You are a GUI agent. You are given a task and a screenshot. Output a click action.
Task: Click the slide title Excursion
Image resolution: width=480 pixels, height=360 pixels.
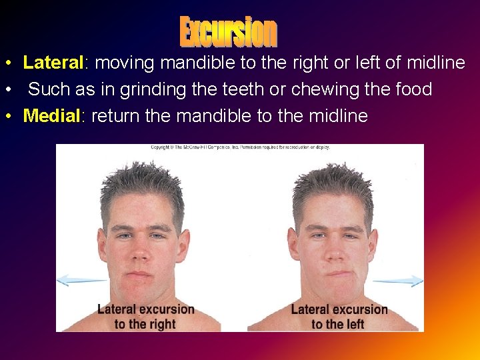(229, 31)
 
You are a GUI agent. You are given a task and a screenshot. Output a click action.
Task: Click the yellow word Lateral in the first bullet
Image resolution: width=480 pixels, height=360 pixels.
(52, 63)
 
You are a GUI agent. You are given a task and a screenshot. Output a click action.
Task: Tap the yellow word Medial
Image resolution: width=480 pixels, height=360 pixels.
(51, 116)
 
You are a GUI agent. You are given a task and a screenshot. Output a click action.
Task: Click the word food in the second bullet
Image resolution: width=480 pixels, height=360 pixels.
(412, 89)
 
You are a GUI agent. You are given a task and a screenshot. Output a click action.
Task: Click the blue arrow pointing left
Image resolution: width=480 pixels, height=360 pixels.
(81, 281)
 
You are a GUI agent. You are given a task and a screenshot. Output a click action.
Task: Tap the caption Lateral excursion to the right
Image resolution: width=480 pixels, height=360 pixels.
(145, 317)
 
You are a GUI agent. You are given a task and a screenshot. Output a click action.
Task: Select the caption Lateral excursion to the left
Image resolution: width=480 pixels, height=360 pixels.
(339, 317)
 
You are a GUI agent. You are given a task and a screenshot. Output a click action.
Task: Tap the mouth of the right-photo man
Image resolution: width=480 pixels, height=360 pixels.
(339, 273)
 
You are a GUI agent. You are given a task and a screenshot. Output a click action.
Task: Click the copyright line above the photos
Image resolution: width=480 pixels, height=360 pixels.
(239, 147)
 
